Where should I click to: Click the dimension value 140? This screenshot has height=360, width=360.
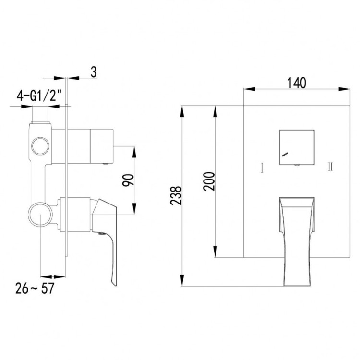[297, 83]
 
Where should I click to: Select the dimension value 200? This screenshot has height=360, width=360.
[207, 181]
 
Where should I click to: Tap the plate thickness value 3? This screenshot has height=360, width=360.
[94, 72]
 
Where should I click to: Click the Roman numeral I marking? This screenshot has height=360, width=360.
[262, 168]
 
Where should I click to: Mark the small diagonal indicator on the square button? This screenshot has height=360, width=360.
[285, 155]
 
